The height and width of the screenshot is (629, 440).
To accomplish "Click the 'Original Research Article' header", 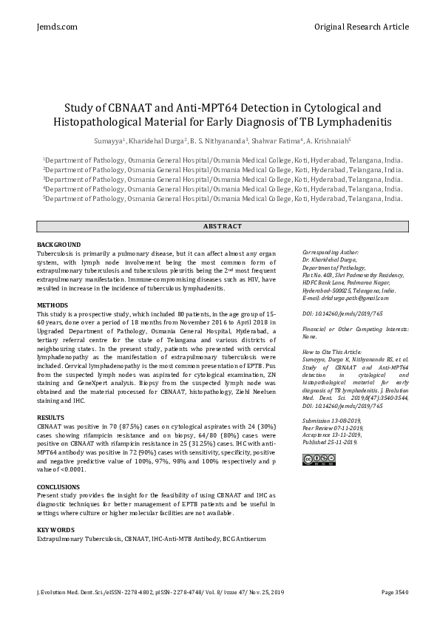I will [x=361, y=27].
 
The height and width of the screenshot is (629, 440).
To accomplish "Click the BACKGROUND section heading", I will [x=58, y=245].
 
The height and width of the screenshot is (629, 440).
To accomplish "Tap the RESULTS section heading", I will [x=50, y=418].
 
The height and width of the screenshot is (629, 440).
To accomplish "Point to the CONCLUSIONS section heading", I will [x=60, y=486].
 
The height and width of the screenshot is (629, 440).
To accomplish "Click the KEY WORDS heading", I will [x=55, y=530].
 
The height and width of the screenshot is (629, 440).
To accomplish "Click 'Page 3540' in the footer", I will [x=394, y=593].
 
